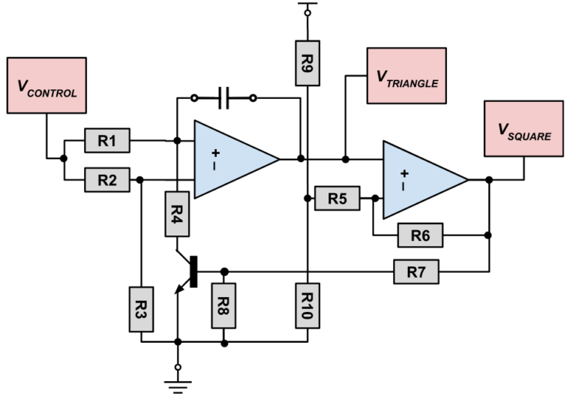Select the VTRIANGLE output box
click(406, 76)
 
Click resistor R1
click(106, 139)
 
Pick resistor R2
click(106, 180)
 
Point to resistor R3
click(141, 307)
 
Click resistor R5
click(337, 198)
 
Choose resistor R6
click(419, 235)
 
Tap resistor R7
click(415, 271)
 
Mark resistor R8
click(224, 305)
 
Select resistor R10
click(307, 306)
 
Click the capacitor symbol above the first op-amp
click(223, 97)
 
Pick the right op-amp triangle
click(420, 179)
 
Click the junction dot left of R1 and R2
click(64, 159)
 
